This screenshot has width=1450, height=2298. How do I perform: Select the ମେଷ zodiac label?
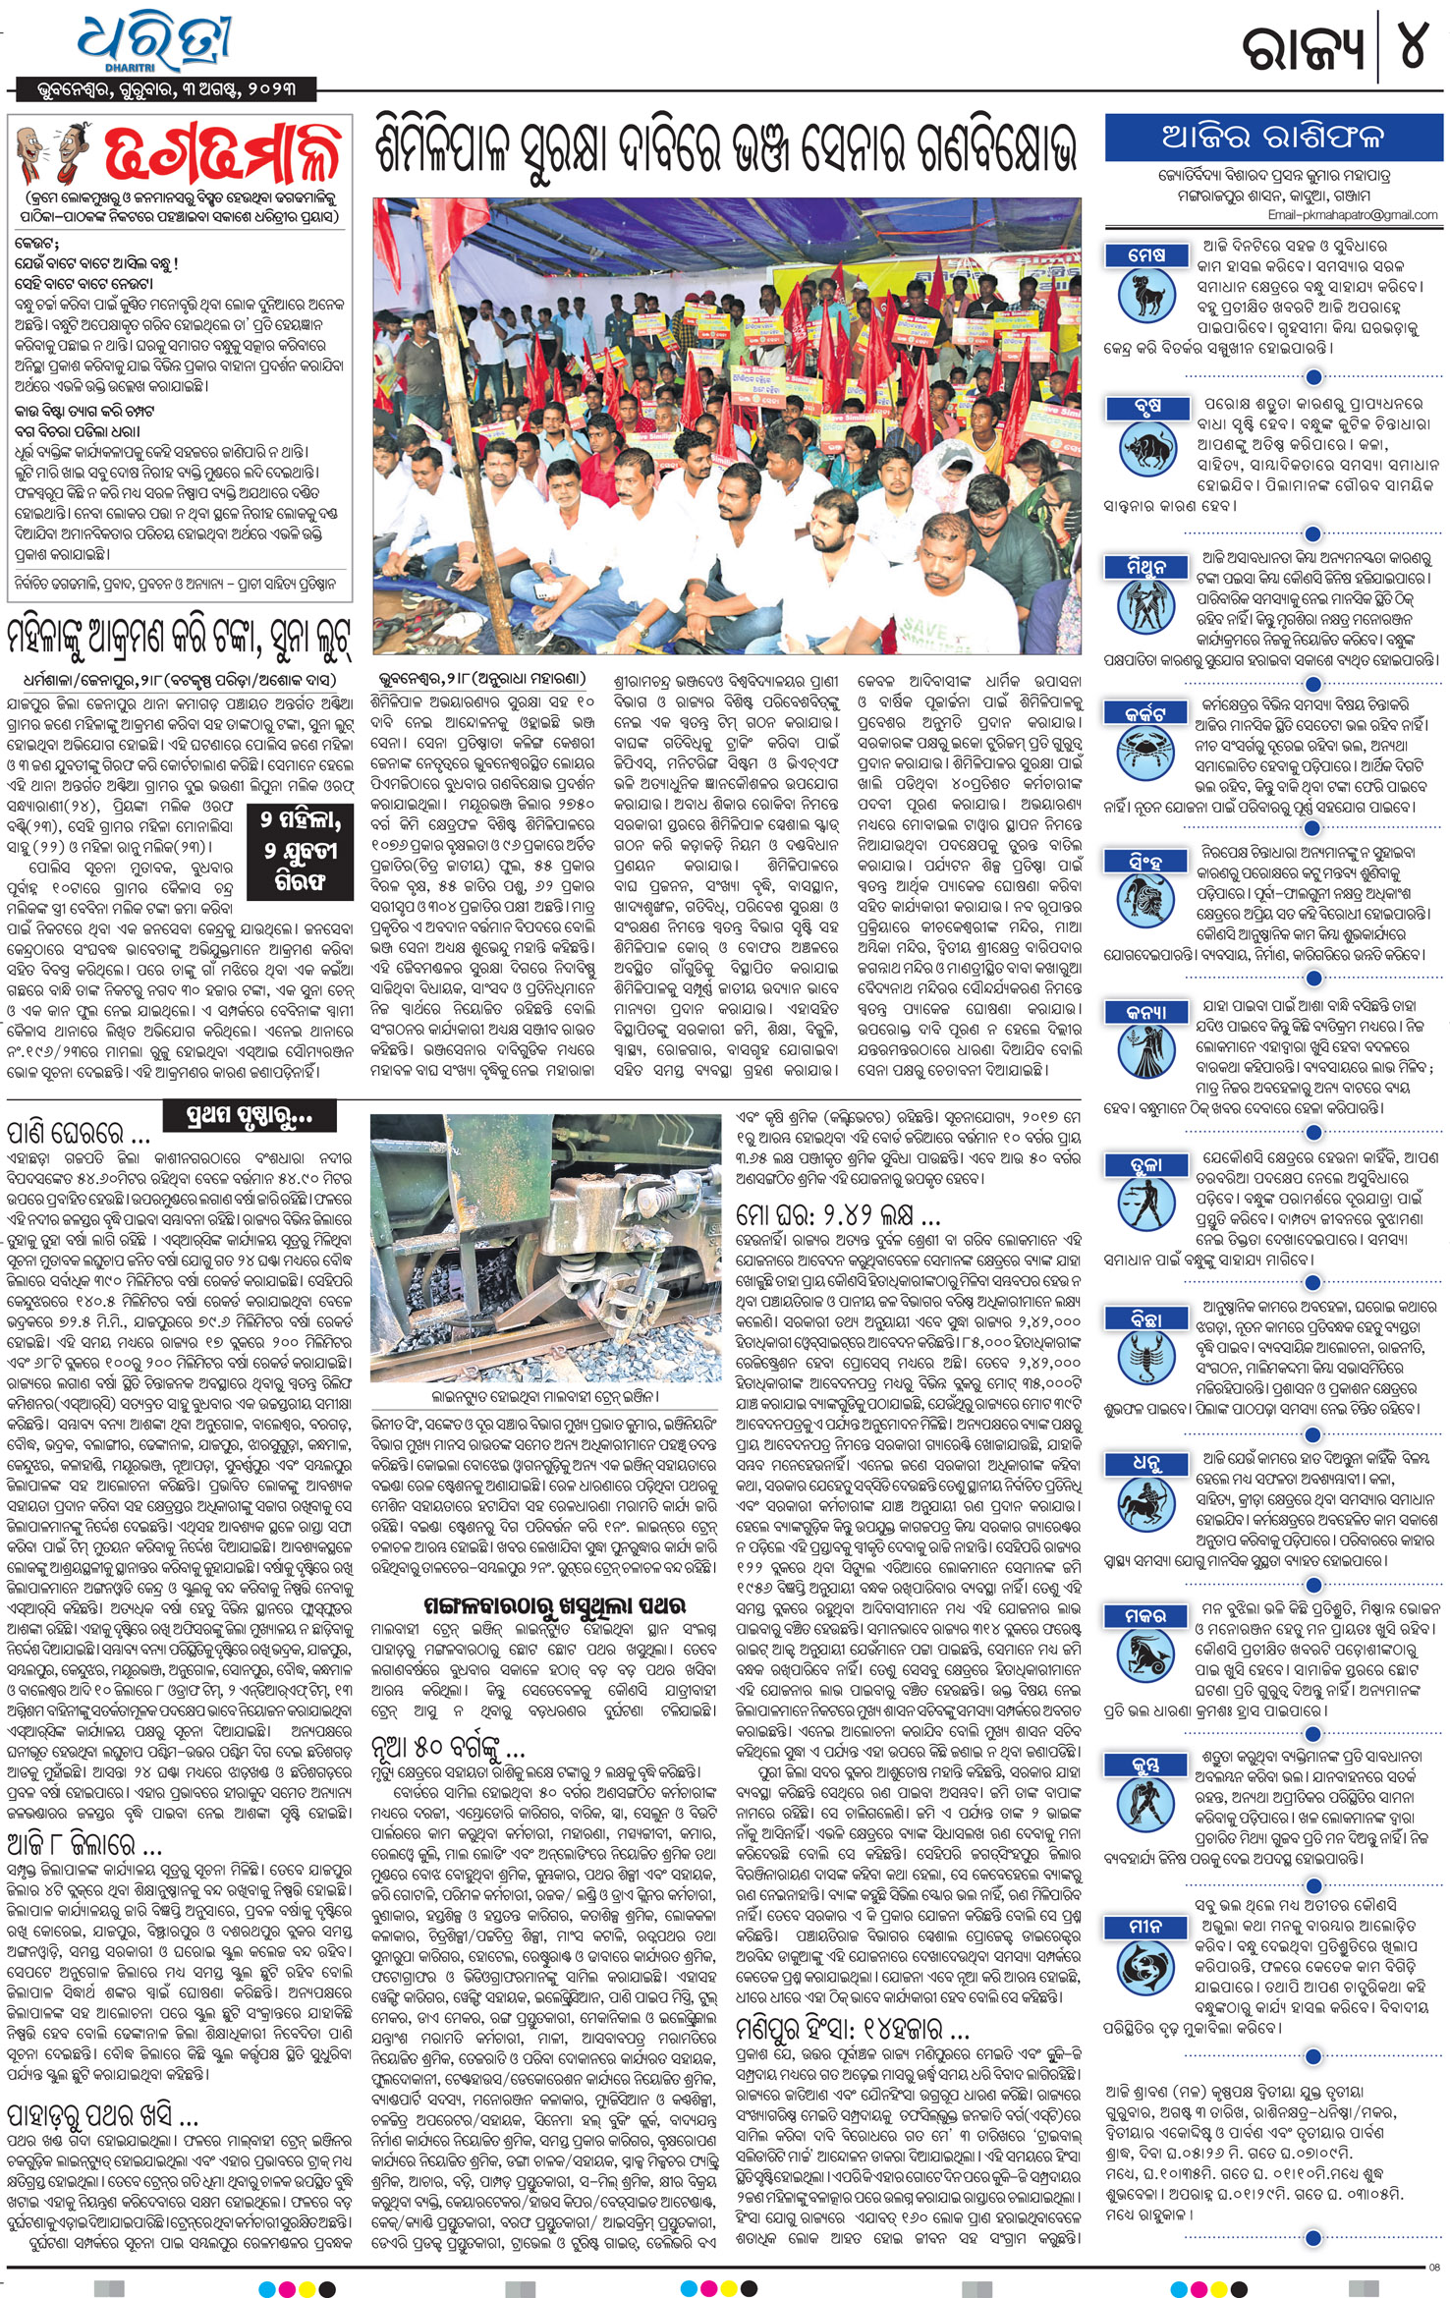(x=1146, y=255)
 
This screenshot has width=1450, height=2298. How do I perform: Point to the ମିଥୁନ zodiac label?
(x=1146, y=567)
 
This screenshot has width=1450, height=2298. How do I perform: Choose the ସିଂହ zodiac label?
(x=1146, y=862)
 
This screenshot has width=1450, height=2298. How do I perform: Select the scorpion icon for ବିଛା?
(x=1146, y=1359)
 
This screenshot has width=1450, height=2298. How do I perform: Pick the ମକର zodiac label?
(x=1146, y=1616)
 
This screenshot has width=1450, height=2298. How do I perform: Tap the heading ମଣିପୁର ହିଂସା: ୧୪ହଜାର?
(x=853, y=2028)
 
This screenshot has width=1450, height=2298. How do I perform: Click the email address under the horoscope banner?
(x=1352, y=214)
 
